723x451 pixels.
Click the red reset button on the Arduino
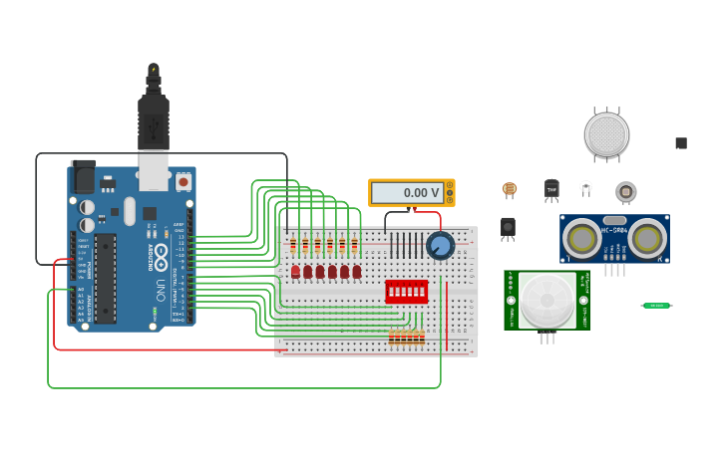(x=183, y=182)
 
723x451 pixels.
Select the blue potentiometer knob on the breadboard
(x=440, y=245)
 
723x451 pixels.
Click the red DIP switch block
(x=407, y=291)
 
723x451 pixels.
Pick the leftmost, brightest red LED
(x=295, y=271)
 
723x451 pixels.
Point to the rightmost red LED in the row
(x=357, y=271)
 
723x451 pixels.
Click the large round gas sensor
(x=606, y=134)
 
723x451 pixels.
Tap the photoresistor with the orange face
(x=510, y=188)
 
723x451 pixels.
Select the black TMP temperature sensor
(x=551, y=189)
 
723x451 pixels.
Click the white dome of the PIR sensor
(x=547, y=300)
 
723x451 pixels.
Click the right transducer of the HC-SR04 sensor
(x=647, y=237)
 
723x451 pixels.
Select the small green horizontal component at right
(x=656, y=306)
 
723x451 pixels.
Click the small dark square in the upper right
(x=681, y=143)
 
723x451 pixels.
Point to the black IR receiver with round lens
(x=508, y=228)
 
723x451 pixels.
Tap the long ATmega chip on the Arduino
(x=105, y=278)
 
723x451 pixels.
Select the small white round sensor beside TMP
(x=585, y=186)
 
